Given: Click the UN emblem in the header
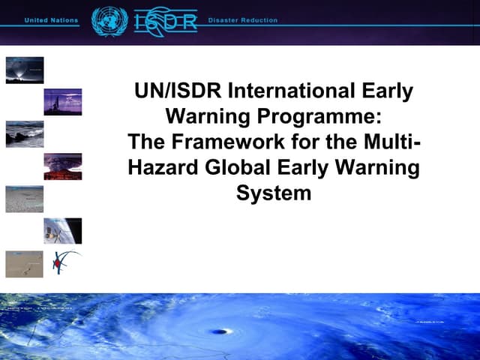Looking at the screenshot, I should [x=109, y=20].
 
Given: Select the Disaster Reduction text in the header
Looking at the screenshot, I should [x=242, y=20].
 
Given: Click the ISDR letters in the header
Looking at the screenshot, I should [x=166, y=21].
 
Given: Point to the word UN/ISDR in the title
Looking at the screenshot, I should [x=177, y=91].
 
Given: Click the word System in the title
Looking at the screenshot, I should [x=273, y=192].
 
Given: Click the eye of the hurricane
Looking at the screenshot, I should [x=219, y=331].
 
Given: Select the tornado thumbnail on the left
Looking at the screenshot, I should [x=25, y=70].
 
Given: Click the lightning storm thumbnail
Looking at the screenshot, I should [x=63, y=102].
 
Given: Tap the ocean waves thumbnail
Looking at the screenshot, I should [x=25, y=133].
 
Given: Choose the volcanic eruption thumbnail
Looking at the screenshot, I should [x=63, y=166].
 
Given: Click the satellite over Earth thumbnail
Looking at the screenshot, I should [x=63, y=231].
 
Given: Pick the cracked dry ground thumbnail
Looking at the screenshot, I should [x=25, y=199].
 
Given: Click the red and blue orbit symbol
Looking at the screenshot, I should [x=62, y=262].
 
